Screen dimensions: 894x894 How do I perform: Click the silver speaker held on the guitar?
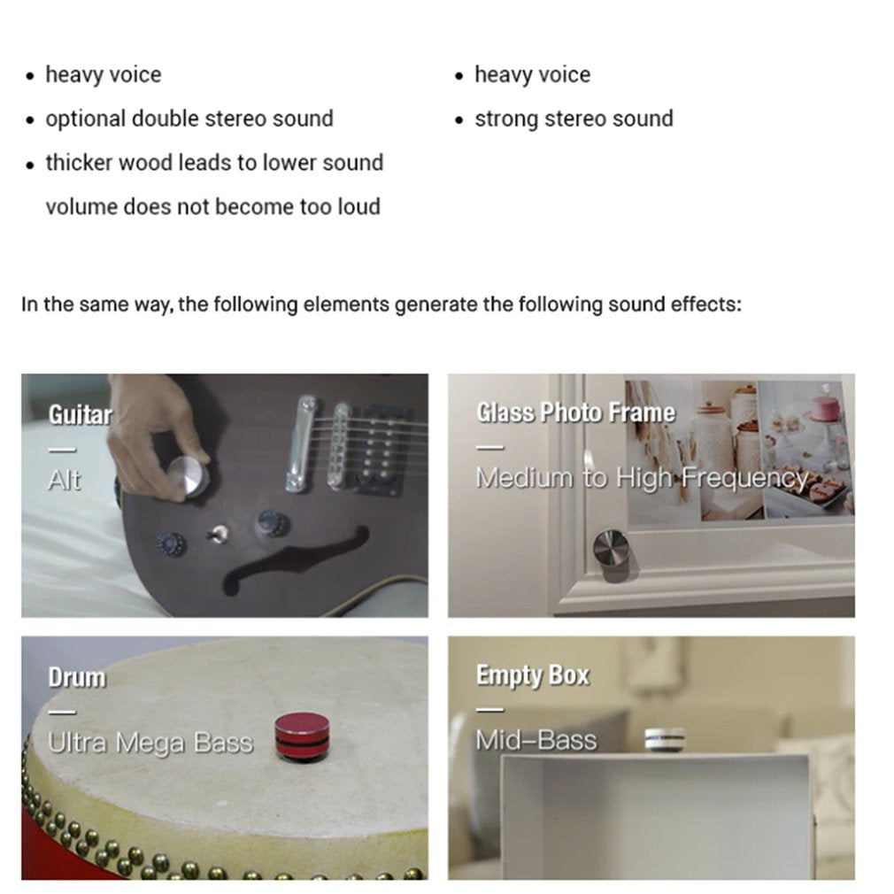click(188, 477)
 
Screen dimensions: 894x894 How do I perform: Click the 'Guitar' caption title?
click(80, 414)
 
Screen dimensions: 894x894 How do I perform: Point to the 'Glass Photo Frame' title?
click(575, 412)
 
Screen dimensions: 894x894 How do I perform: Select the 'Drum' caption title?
click(77, 677)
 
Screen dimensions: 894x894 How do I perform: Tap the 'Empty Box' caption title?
click(532, 675)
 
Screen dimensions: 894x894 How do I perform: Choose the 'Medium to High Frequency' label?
click(642, 478)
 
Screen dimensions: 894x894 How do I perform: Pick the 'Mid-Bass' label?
click(536, 740)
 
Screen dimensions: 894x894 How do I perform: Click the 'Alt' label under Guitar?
click(64, 480)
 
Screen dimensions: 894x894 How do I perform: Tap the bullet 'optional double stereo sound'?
click(189, 119)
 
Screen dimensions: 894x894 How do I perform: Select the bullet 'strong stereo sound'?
click(574, 119)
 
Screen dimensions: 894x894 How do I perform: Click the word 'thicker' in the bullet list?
click(79, 163)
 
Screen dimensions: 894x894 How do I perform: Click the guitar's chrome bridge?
click(305, 443)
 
